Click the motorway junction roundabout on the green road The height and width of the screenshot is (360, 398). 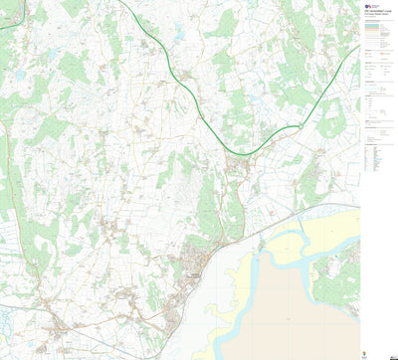pyautogui.click(x=299, y=126)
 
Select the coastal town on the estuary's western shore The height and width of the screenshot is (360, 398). pyautogui.click(x=195, y=272)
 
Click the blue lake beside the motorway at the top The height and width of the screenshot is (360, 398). pyautogui.click(x=178, y=35)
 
